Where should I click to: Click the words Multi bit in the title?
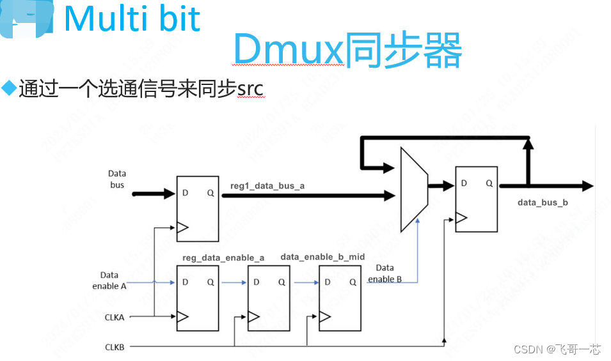click(132, 19)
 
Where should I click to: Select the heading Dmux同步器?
click(347, 50)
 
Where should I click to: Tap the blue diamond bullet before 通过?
click(9, 88)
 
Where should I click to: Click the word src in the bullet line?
click(250, 88)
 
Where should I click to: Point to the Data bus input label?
click(117, 179)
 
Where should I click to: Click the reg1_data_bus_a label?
click(267, 186)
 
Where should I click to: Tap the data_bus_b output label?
click(543, 203)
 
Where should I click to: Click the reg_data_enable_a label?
click(223, 257)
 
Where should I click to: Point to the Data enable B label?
click(385, 273)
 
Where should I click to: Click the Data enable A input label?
click(109, 280)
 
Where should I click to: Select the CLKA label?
click(115, 316)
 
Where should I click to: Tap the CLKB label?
click(115, 347)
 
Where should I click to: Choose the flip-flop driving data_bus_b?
click(475, 198)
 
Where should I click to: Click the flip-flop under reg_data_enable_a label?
click(197, 297)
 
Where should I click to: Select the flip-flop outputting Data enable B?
click(340, 297)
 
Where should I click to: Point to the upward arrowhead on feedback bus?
click(528, 145)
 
